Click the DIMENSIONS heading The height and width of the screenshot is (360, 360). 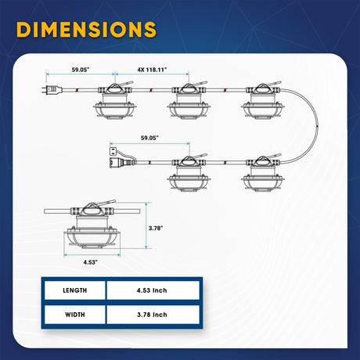pos(86,29)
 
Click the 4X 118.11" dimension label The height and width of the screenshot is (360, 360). pos(152,70)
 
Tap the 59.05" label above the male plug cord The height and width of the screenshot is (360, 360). pos(81,70)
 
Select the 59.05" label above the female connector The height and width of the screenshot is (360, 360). pos(149,138)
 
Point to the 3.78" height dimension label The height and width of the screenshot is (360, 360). pos(156,228)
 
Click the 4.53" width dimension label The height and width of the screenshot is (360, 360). pos(91,262)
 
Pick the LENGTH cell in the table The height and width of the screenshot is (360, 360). pos(75,290)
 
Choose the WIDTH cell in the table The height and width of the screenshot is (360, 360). pos(75,315)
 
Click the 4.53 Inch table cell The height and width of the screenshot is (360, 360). pos(153,290)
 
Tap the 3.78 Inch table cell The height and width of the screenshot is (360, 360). pos(153,315)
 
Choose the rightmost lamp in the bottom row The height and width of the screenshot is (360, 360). pos(263,173)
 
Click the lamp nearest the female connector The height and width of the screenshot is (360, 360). pos(189,173)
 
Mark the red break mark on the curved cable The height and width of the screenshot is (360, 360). pos(317,127)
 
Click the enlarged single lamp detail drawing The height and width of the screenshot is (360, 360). pos(92,225)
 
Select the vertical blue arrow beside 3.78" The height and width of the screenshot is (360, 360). pos(146,225)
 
